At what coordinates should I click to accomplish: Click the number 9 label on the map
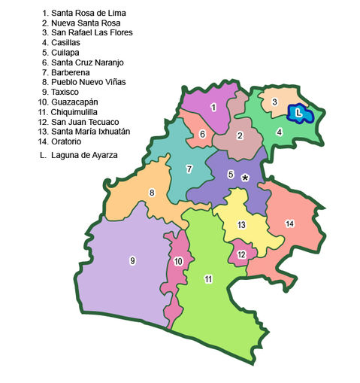pyautogui.click(x=133, y=260)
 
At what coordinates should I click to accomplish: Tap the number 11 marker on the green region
pyautogui.click(x=208, y=279)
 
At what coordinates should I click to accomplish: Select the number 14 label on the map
pyautogui.click(x=289, y=223)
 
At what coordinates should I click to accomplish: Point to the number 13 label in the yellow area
pyautogui.click(x=241, y=225)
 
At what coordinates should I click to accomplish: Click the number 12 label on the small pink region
pyautogui.click(x=241, y=254)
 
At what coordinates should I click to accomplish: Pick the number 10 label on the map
pyautogui.click(x=178, y=261)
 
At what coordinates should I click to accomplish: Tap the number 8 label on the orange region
pyautogui.click(x=153, y=193)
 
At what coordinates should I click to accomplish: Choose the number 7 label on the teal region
pyautogui.click(x=189, y=169)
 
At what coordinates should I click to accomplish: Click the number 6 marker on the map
pyautogui.click(x=202, y=135)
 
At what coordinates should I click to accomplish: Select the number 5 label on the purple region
pyautogui.click(x=231, y=175)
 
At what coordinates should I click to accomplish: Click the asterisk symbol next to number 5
pyautogui.click(x=246, y=178)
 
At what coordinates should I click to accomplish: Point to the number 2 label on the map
pyautogui.click(x=240, y=135)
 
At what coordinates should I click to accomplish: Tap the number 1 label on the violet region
pyautogui.click(x=214, y=108)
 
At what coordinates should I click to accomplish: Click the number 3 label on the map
pyautogui.click(x=275, y=102)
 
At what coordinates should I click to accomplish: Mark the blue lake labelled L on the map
pyautogui.click(x=300, y=114)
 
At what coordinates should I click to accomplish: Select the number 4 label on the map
pyautogui.click(x=280, y=132)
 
